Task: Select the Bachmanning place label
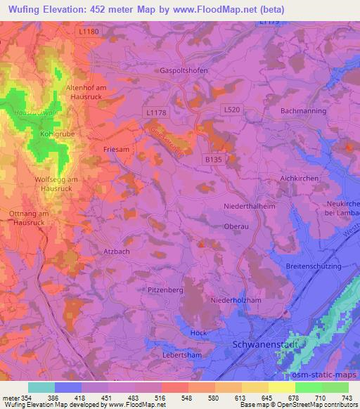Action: [303, 111]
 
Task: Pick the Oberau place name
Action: [235, 226]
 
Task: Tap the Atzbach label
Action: [117, 250]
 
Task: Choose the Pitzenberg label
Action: [166, 289]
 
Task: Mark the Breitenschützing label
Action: [314, 266]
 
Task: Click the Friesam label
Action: [115, 150]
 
